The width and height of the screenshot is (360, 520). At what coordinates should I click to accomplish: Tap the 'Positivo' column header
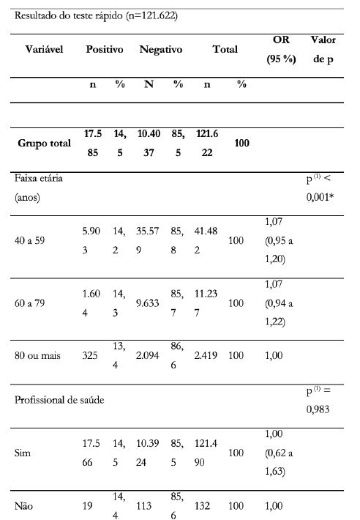tap(104, 50)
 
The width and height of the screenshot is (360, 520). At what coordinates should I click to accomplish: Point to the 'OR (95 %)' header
tap(281, 49)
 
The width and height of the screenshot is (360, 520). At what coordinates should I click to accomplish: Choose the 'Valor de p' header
tap(323, 49)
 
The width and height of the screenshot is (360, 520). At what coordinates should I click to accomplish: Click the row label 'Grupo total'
tap(45, 144)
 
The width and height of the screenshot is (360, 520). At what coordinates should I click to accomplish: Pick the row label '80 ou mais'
tap(40, 355)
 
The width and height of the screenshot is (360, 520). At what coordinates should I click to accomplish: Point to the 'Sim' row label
tap(23, 453)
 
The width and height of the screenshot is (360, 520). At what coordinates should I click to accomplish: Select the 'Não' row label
tap(23, 505)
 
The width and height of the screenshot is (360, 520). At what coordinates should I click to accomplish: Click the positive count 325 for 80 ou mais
tap(91, 355)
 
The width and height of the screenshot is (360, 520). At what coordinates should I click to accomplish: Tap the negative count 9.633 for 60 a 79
tap(149, 302)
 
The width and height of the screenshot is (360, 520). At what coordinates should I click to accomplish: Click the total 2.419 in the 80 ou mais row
tap(207, 355)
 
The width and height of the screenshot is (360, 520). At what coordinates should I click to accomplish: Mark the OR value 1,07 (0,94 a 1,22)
tap(282, 302)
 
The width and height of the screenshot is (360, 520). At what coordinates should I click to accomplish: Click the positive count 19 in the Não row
tap(89, 505)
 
